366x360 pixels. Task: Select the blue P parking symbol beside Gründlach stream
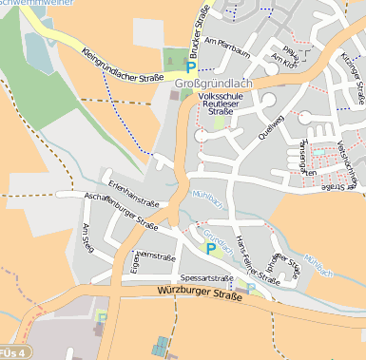tap(211, 249)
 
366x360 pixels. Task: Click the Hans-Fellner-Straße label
tap(256, 256)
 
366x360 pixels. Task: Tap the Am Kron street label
tap(284, 59)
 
